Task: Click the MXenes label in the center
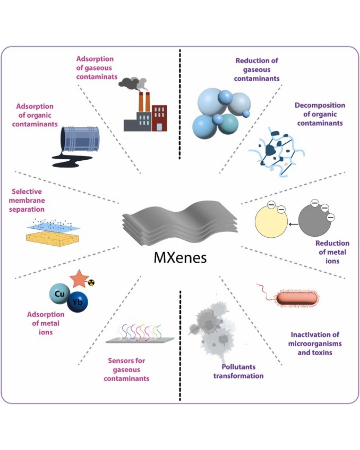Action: point(180,257)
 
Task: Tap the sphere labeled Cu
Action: point(60,294)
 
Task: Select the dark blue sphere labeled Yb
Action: point(78,302)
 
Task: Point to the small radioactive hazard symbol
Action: point(92,283)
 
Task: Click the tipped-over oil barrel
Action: point(80,140)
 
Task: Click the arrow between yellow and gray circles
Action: point(293,224)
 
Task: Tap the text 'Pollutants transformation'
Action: point(238,371)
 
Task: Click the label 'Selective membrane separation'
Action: point(27,200)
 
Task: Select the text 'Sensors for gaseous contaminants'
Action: point(126,369)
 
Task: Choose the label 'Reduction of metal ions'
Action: point(332,252)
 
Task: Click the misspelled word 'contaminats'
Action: point(97,77)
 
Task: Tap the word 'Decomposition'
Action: point(320,105)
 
